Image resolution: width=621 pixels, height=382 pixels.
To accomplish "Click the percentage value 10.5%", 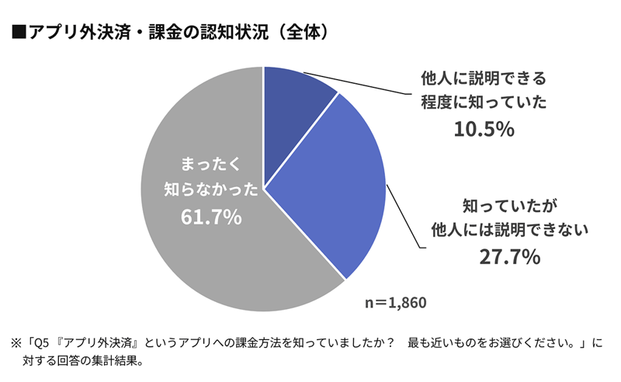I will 484,130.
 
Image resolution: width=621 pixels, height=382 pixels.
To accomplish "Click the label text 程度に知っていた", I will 484,102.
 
